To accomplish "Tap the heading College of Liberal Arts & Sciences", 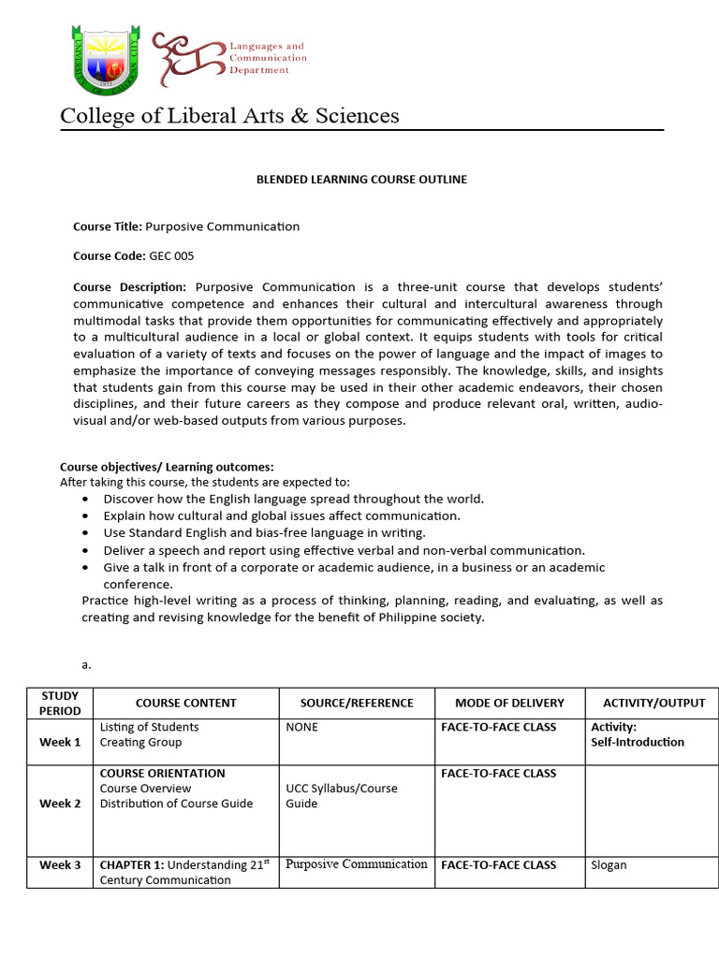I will pyautogui.click(x=229, y=116).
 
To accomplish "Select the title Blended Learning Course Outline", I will pyautogui.click(x=361, y=180).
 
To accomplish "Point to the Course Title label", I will pyautogui.click(x=108, y=226).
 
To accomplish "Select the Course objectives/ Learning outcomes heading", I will pyautogui.click(x=167, y=467).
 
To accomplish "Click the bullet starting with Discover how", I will pyautogui.click(x=293, y=499).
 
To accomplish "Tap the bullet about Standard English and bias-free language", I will pyautogui.click(x=264, y=532).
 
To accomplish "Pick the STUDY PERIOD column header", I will pyautogui.click(x=60, y=703).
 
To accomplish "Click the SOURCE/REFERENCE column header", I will pyautogui.click(x=357, y=703).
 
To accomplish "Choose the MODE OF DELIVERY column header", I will pyautogui.click(x=509, y=703).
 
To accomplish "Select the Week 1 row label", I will pyautogui.click(x=60, y=742).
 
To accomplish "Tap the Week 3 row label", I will pyautogui.click(x=60, y=865).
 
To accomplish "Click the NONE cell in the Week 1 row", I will pyautogui.click(x=301, y=727).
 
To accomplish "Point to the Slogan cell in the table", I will pyautogui.click(x=609, y=865).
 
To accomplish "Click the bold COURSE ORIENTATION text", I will pyautogui.click(x=162, y=774).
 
